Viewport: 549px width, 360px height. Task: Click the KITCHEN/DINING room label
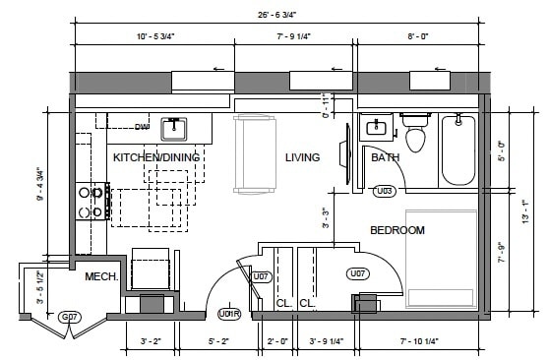coord(156,157)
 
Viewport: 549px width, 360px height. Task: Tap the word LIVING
coord(302,157)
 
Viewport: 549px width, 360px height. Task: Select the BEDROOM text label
coord(396,230)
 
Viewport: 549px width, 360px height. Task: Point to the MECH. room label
coord(101,277)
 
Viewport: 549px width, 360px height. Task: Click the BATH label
coord(385,157)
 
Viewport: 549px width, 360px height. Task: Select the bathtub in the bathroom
coord(457,150)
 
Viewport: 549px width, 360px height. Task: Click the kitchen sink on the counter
coord(176,128)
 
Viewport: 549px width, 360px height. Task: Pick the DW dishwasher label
coord(142,127)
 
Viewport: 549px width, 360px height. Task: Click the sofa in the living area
coord(256,153)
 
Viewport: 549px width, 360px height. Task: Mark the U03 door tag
coord(386,190)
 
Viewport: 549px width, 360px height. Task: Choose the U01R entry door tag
coord(228,315)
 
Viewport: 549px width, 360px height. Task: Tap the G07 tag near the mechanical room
coord(69,317)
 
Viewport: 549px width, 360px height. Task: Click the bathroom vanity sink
coord(374,128)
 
